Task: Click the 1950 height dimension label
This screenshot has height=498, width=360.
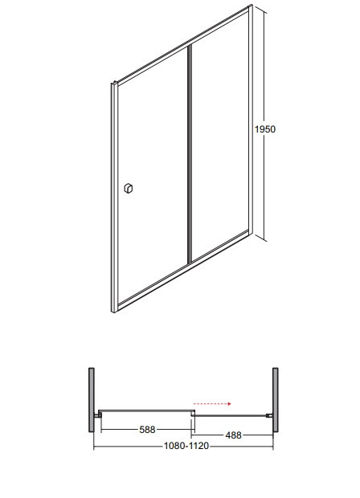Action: tap(265, 129)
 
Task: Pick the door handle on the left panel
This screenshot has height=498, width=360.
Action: tap(128, 188)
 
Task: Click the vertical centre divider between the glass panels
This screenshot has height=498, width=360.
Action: tap(190, 153)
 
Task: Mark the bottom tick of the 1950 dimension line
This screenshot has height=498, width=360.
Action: tap(260, 239)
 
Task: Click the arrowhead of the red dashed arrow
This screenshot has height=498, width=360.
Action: tap(230, 405)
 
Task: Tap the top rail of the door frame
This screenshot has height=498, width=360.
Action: tap(181, 43)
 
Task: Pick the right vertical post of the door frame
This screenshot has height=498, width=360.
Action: tap(250, 120)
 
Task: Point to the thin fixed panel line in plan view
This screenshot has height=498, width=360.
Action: tap(233, 414)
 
